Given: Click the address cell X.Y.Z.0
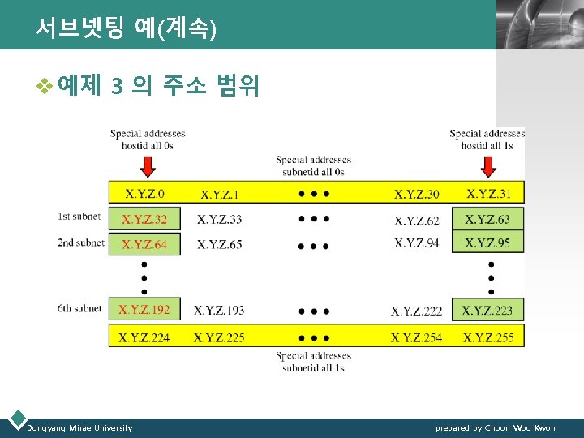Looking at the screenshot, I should pos(144,193).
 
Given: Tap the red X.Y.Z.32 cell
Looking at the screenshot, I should pos(144,219).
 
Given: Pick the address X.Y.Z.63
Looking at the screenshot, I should pos(487,219).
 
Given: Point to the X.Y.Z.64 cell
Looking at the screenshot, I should pos(144,244).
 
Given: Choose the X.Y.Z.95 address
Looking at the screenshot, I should pos(487,243).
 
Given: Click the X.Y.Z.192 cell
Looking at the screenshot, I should pos(144,309).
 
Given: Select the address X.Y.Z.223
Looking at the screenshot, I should pos(487,310).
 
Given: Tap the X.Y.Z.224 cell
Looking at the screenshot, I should pos(144,337).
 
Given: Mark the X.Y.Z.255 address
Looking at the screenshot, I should pos(487,337).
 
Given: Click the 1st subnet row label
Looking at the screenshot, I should pos(80,216).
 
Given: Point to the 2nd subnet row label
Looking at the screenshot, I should pos(80,242).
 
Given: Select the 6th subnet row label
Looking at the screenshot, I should pos(80,308).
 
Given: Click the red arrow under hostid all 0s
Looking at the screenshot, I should pos(148,166).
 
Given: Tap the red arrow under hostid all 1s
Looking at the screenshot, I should pos(487,166).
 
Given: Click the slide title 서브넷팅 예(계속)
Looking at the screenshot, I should pos(126,29).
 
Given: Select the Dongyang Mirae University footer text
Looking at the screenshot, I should pos(79,427).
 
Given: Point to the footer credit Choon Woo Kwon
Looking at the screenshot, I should pos(496,427).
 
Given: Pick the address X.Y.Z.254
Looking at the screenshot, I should pos(416,337).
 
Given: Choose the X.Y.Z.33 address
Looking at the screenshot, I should pos(219,219).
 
